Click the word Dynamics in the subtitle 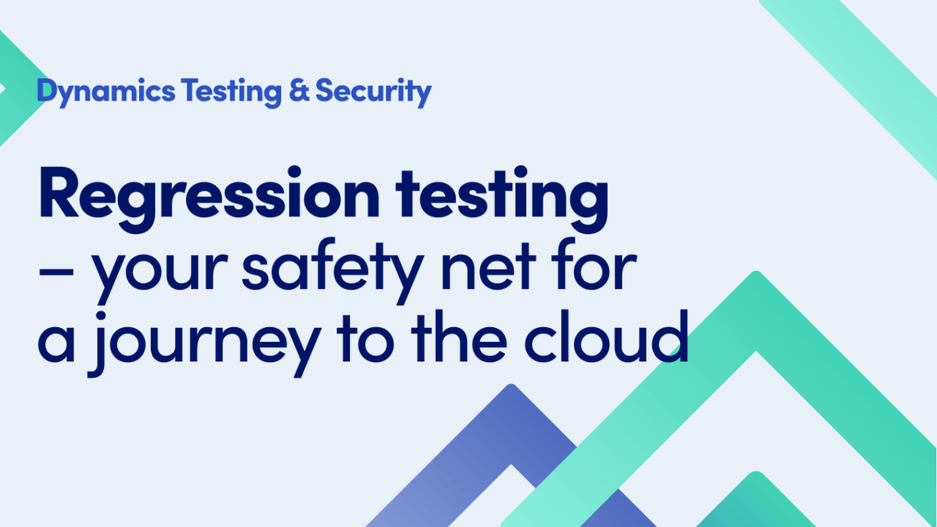click(105, 92)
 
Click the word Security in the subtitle click(373, 92)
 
